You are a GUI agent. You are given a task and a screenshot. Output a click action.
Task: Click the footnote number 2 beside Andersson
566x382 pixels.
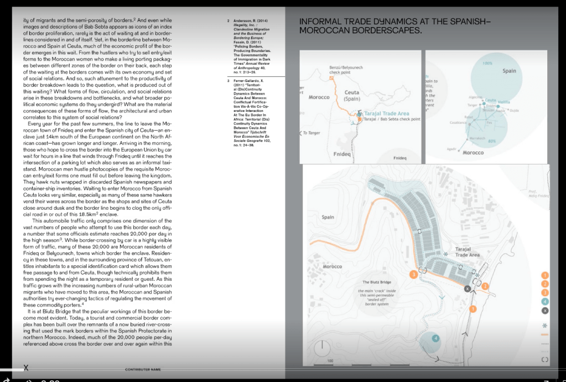point(229,21)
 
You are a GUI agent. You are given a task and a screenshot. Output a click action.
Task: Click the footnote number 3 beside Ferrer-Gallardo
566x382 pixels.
point(229,81)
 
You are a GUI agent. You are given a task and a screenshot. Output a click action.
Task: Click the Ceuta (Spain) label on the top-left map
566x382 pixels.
point(352,95)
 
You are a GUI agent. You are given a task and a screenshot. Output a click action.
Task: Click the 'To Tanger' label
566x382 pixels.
point(311,133)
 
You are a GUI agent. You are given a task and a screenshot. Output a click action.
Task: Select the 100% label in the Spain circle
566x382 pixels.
point(487,64)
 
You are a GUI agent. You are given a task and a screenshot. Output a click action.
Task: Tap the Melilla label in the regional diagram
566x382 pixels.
point(504,101)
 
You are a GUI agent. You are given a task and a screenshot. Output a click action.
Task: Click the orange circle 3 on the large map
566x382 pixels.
point(413,273)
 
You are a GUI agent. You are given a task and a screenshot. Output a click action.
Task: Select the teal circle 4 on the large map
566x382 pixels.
point(435,338)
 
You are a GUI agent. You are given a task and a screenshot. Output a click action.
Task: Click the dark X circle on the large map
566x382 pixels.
point(468,288)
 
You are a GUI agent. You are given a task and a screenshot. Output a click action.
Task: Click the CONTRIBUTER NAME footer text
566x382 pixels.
point(143,369)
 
